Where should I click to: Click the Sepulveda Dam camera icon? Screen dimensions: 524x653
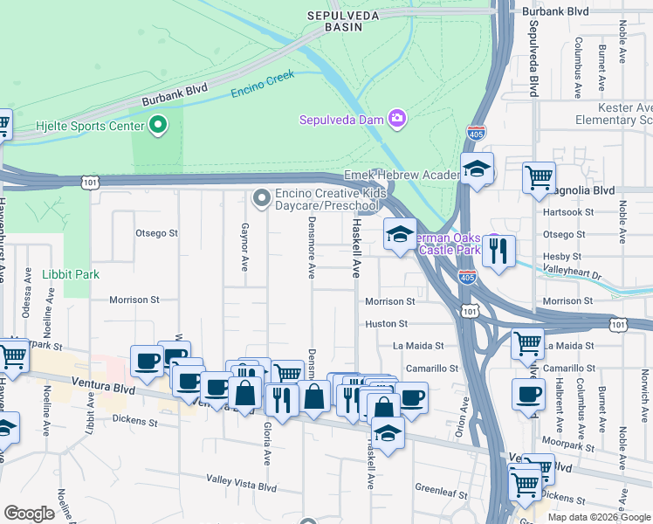(x=397, y=118)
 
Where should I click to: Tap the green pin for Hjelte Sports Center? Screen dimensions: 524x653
(x=158, y=127)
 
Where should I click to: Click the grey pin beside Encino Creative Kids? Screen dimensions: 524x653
(x=261, y=199)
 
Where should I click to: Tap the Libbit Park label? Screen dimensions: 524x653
(x=71, y=274)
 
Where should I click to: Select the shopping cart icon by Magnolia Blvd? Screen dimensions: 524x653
(x=539, y=177)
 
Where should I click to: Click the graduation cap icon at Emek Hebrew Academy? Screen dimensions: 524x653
(x=477, y=169)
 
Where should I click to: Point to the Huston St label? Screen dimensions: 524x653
(x=381, y=323)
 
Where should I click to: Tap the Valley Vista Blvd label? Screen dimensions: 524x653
(x=241, y=479)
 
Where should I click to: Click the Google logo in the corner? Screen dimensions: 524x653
(x=29, y=514)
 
